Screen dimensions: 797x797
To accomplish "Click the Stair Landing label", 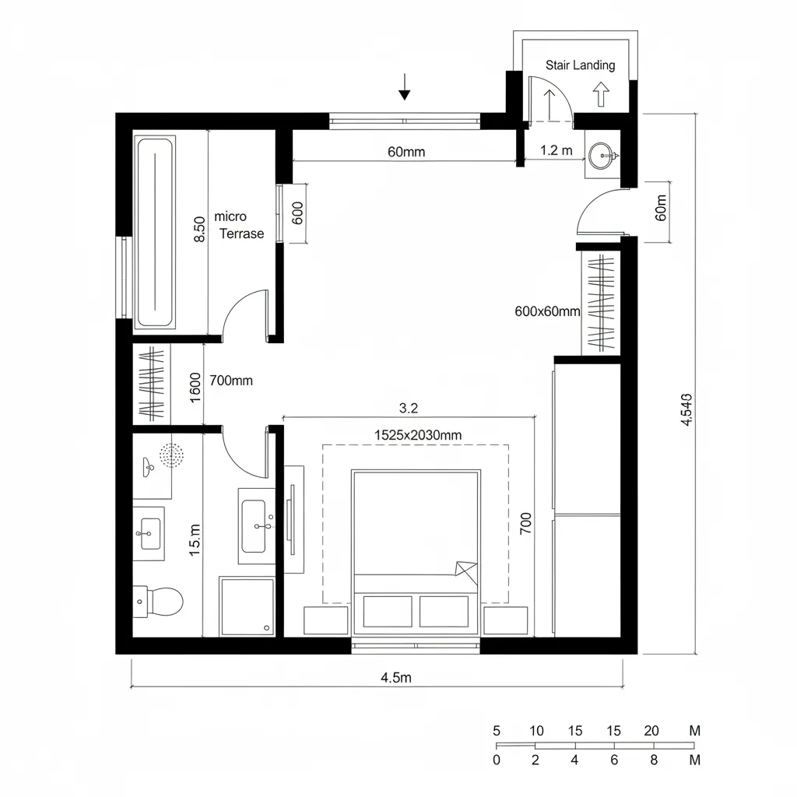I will click(x=580, y=65).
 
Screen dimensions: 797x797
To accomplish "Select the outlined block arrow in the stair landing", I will click(x=600, y=94).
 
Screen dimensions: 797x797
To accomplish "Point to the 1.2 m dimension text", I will click(x=556, y=151).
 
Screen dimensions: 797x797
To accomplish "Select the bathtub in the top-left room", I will click(x=155, y=232).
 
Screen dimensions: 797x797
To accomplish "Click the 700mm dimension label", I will click(x=232, y=381).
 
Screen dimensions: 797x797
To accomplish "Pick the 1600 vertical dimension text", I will click(x=195, y=387).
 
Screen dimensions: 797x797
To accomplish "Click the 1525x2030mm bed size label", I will click(x=418, y=436).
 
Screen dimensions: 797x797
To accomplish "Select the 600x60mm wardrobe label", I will click(x=548, y=311).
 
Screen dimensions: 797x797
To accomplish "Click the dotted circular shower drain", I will click(x=170, y=455).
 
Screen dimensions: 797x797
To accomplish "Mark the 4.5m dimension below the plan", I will click(x=395, y=677).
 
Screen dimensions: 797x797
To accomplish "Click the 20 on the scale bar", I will click(x=651, y=731).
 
